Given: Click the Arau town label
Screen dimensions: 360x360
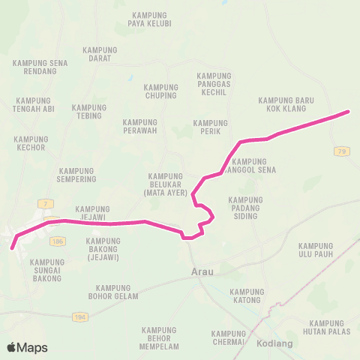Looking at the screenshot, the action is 202,272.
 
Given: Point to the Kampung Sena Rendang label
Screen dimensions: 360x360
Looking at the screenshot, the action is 42,67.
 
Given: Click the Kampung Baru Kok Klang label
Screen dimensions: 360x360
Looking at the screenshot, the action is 285,104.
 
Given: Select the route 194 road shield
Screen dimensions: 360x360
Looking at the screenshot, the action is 80,317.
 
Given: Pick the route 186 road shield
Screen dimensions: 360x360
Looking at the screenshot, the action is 58,240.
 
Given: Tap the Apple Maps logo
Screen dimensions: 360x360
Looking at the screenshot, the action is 27,347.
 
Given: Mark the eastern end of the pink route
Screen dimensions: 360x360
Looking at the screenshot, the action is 348,112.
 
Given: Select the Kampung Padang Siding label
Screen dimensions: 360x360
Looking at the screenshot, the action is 245,208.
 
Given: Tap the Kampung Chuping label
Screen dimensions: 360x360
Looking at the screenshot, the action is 160,91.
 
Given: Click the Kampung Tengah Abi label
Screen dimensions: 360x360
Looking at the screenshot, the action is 33,105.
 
